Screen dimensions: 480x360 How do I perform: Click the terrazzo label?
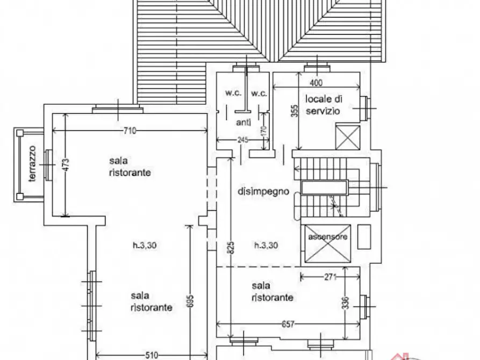[x=32, y=163]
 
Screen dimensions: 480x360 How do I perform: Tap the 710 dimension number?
[x=130, y=131]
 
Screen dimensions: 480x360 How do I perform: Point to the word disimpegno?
[x=263, y=192]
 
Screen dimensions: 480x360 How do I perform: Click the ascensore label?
[x=327, y=236]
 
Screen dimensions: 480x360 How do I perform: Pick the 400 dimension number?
[x=316, y=83]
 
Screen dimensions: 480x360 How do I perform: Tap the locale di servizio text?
[x=324, y=105]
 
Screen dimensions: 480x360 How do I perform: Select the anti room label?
[x=243, y=123]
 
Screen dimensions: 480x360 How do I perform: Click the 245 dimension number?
[x=243, y=140]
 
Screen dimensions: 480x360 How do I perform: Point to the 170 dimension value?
[x=264, y=131]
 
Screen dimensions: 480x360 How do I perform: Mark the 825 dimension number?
[x=231, y=247]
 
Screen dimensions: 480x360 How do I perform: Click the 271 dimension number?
[x=331, y=277]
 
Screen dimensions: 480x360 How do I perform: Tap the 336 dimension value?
[x=345, y=303]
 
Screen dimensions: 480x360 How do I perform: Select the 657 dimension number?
[x=288, y=324]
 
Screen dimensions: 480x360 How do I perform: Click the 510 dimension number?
[x=151, y=355]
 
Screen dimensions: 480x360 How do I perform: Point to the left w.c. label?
[x=234, y=93]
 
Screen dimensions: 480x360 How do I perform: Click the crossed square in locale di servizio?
[x=348, y=137]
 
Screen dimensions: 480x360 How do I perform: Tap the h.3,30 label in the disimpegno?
[x=266, y=245]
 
